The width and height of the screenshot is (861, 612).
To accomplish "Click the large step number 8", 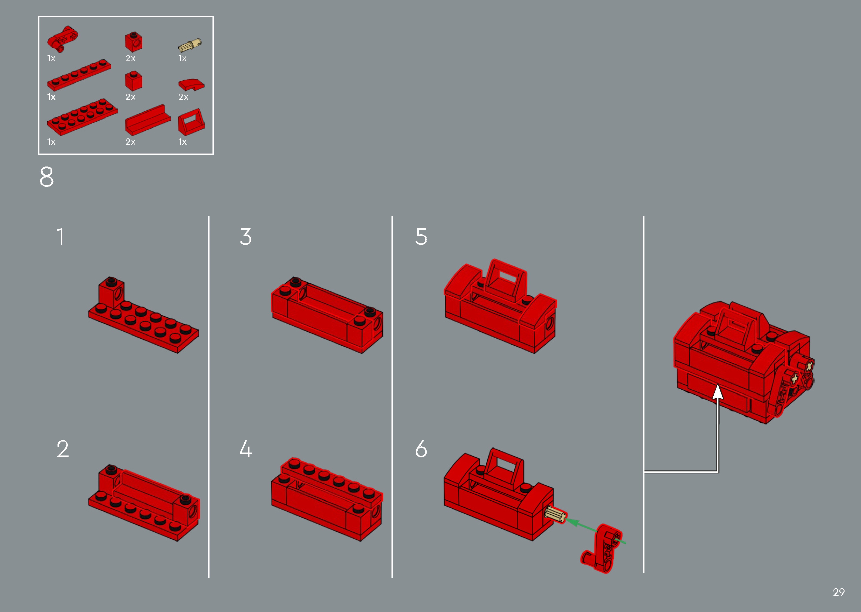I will (47, 177).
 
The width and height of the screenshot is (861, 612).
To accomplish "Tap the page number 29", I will (838, 592).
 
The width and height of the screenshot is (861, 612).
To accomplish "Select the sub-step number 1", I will (60, 237).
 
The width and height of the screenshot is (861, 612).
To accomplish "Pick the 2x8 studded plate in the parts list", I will (82, 117).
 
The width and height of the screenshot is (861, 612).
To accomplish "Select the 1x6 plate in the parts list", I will (79, 75).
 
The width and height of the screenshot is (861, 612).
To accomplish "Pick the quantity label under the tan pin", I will (183, 58).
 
